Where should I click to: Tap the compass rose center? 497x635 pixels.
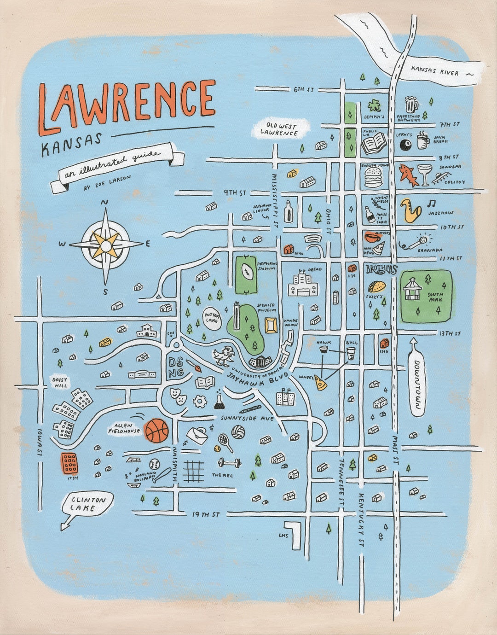(106, 245)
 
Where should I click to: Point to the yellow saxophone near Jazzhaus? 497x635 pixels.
(409, 210)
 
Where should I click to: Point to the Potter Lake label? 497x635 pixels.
(212, 317)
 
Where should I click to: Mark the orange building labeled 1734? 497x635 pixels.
(70, 464)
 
